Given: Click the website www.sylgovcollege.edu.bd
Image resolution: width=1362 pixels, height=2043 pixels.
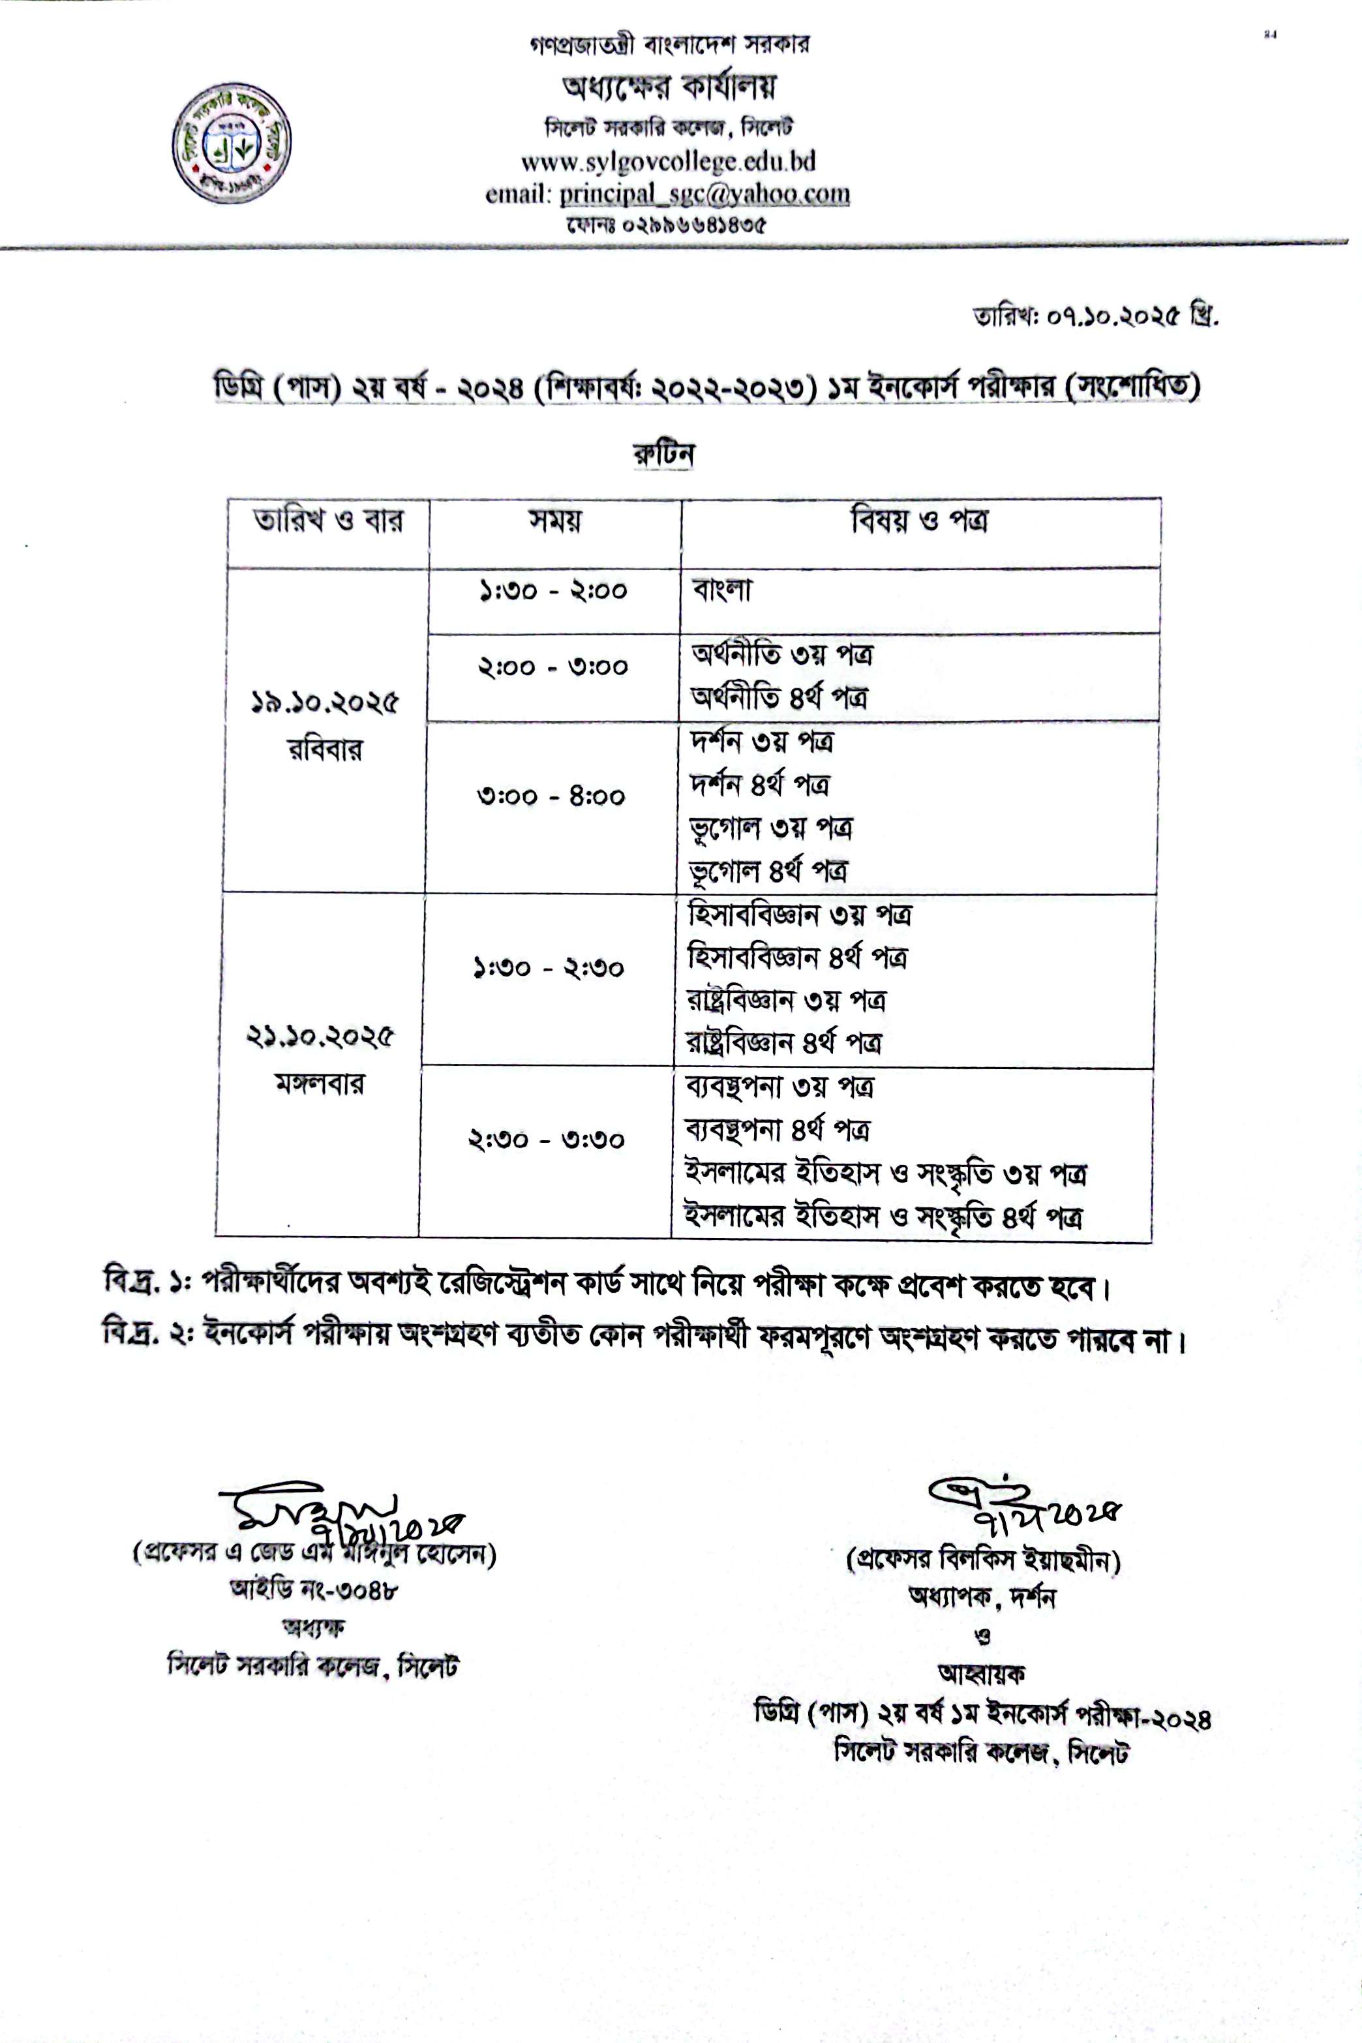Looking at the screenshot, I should [667, 162].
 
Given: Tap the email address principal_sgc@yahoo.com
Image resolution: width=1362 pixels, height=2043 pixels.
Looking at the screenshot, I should [704, 194].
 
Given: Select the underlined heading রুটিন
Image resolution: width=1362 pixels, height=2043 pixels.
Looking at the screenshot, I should [663, 454].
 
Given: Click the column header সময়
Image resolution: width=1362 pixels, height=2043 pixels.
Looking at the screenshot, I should [555, 521].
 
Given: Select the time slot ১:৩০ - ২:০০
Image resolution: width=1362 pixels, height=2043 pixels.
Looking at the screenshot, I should [552, 592].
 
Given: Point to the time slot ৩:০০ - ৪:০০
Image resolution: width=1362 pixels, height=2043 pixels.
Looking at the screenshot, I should [551, 796].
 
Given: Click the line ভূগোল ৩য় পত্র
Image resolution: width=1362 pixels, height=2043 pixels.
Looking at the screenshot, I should [770, 828].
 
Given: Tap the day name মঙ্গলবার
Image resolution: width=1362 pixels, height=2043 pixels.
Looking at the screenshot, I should [319, 1084].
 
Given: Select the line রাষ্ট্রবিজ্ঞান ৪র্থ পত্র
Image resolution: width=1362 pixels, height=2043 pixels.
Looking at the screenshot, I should [783, 1042].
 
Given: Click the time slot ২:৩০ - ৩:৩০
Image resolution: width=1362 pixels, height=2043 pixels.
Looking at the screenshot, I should [547, 1139].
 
